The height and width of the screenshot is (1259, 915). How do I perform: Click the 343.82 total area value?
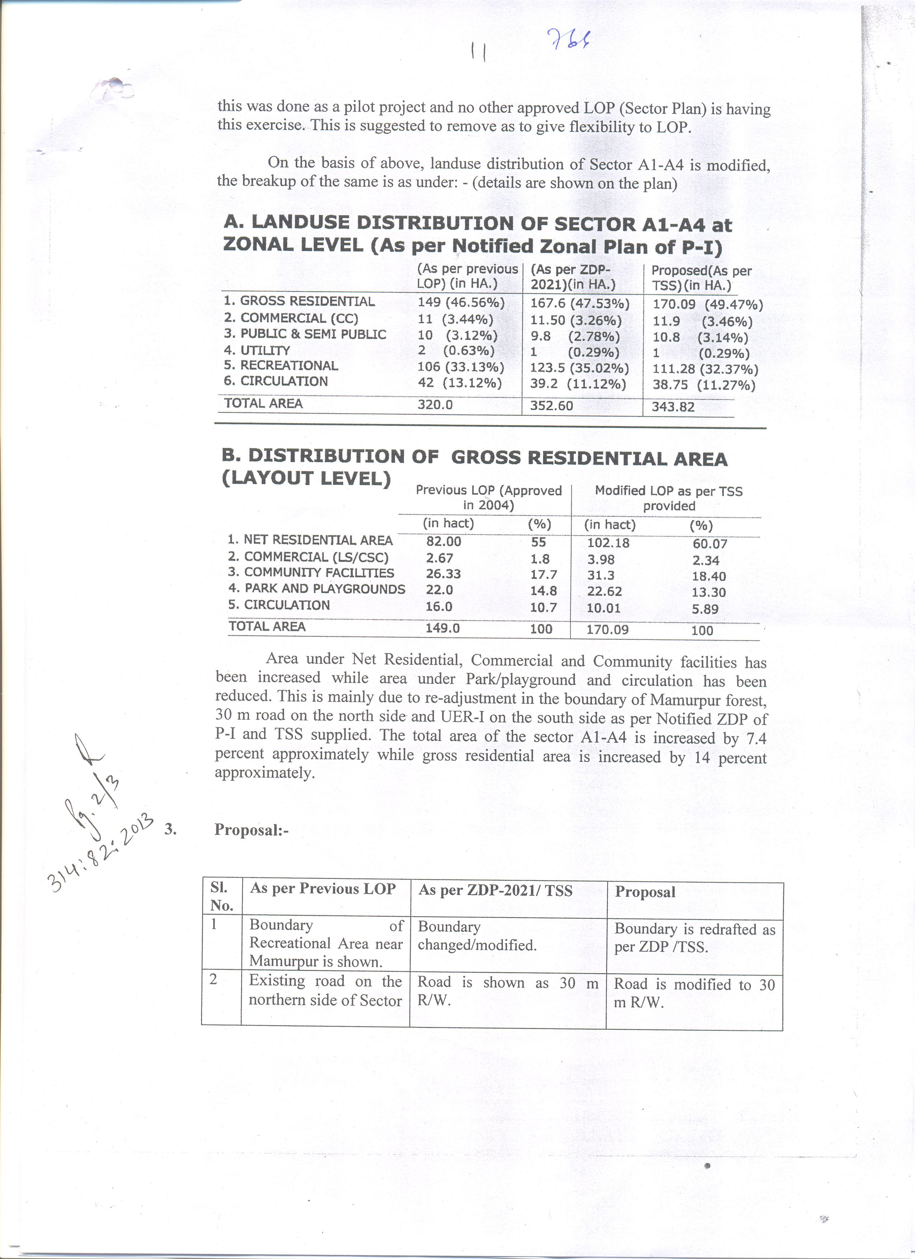coord(673,407)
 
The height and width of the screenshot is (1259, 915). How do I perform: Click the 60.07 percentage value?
coord(709,544)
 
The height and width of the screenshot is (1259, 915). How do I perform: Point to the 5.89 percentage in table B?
coord(705,609)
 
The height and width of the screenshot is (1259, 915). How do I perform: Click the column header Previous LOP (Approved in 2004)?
coord(489,498)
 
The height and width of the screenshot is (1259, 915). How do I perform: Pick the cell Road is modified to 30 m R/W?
coord(694,993)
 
